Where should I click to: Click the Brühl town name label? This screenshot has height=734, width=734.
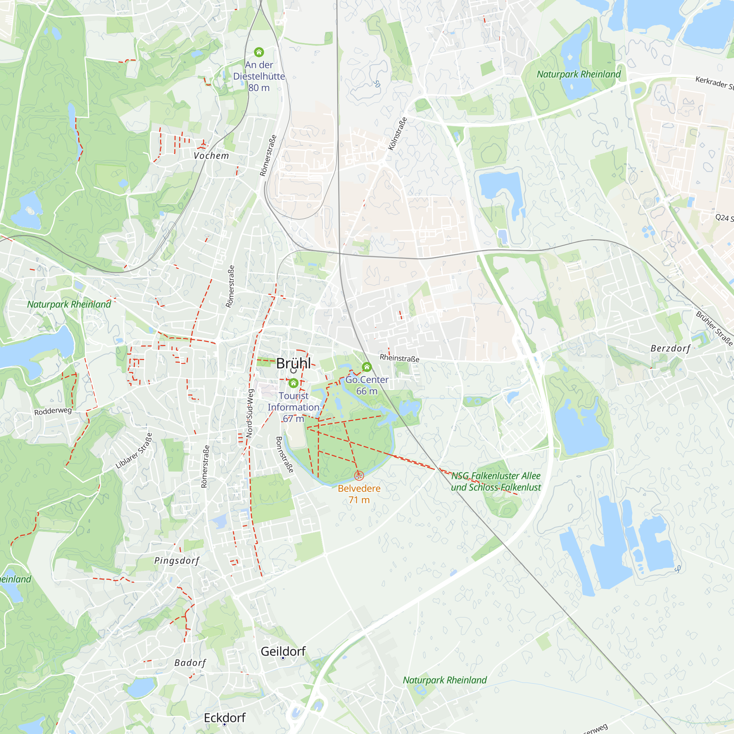pyautogui.click(x=293, y=363)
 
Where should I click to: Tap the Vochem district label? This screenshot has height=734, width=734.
pyautogui.click(x=211, y=156)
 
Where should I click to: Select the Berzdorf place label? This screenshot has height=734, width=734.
pyautogui.click(x=671, y=348)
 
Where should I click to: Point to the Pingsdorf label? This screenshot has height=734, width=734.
pyautogui.click(x=177, y=560)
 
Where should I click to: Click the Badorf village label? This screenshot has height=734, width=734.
pyautogui.click(x=190, y=663)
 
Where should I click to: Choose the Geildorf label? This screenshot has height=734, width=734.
pyautogui.click(x=283, y=651)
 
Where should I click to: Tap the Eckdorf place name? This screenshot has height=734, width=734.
pyautogui.click(x=225, y=717)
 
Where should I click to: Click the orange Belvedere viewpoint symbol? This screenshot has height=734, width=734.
pyautogui.click(x=359, y=475)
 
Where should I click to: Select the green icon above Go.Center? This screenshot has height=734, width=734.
pyautogui.click(x=367, y=367)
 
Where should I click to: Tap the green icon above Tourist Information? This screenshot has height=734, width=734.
pyautogui.click(x=293, y=383)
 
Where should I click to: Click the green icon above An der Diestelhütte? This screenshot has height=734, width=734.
pyautogui.click(x=259, y=52)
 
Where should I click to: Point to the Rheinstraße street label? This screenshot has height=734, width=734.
pyautogui.click(x=400, y=358)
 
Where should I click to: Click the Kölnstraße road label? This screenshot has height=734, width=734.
pyautogui.click(x=398, y=134)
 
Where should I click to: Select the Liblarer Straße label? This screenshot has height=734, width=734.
pyautogui.click(x=134, y=451)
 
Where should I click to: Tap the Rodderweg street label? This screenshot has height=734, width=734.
pyautogui.click(x=53, y=411)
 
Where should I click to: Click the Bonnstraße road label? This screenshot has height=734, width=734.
pyautogui.click(x=284, y=454)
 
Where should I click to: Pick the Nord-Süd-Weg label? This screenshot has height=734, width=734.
pyautogui.click(x=250, y=413)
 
